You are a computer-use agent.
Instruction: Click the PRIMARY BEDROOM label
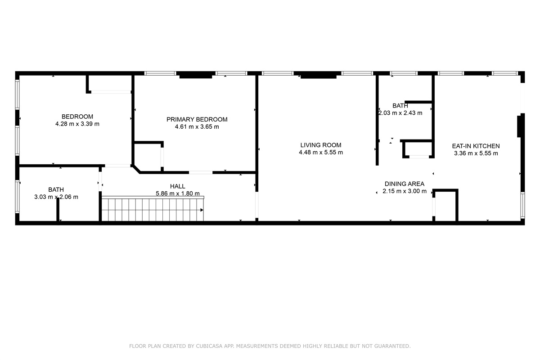tap(197, 119)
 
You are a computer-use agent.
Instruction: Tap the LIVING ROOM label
tap(320, 145)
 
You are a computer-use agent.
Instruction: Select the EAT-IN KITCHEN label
tap(476, 146)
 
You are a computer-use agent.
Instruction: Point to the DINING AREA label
tap(404, 184)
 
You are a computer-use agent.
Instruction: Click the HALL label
tap(177, 186)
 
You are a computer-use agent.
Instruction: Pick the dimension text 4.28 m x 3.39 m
tap(77, 124)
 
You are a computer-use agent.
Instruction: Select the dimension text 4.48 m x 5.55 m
tap(320, 153)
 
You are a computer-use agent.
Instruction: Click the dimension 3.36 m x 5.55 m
tap(476, 153)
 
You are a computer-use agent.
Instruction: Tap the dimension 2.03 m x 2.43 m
tap(400, 113)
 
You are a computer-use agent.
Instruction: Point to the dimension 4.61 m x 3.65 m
tap(197, 127)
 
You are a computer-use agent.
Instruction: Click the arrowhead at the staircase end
tap(202, 210)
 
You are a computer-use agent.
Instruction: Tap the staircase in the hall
tap(153, 208)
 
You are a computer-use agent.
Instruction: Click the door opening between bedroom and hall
tap(117, 166)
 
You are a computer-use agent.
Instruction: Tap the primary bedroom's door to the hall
tap(201, 172)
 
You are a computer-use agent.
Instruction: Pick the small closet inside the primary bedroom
tap(148, 157)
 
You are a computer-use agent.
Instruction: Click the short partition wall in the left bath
tap(58, 209)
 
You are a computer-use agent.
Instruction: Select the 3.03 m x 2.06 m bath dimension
tap(56, 197)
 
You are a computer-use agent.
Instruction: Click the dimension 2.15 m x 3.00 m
tap(405, 191)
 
